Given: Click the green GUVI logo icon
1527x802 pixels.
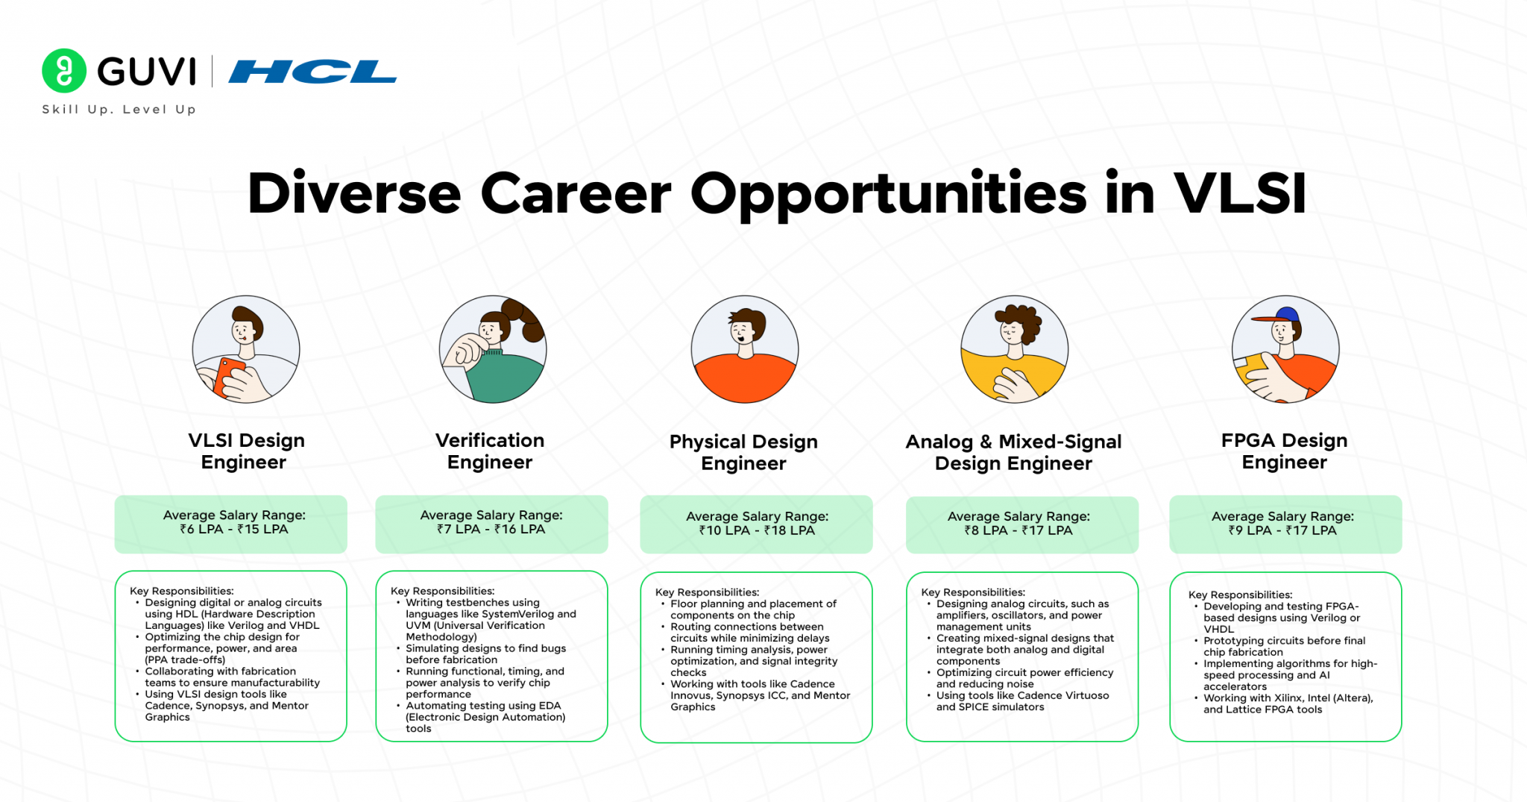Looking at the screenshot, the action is pyautogui.click(x=64, y=71).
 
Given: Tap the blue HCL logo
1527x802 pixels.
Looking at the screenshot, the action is pyautogui.click(x=312, y=72).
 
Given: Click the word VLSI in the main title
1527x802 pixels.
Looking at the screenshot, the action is pyautogui.click(x=1240, y=193).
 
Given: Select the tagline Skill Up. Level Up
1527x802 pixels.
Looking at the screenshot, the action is pyautogui.click(x=119, y=110).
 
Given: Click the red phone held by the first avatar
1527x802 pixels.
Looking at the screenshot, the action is pyautogui.click(x=227, y=375).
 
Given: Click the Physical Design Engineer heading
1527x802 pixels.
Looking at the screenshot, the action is pyautogui.click(x=743, y=452).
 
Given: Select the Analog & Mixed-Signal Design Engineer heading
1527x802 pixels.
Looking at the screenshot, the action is pyautogui.click(x=1013, y=452).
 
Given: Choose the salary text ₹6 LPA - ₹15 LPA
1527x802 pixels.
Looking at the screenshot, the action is pyautogui.click(x=233, y=529).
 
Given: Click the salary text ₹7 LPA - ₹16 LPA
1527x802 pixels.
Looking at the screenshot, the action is pyautogui.click(x=491, y=529).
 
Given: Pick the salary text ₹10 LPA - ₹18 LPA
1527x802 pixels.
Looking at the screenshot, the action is pyautogui.click(x=757, y=530).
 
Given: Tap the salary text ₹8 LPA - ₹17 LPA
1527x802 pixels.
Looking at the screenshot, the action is pyautogui.click(x=1018, y=530).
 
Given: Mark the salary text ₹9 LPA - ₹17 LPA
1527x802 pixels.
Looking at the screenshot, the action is pyautogui.click(x=1282, y=530).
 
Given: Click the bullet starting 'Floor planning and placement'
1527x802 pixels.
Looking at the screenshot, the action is pyautogui.click(x=753, y=610).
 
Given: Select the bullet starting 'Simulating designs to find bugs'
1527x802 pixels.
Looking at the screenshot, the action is pyautogui.click(x=485, y=654).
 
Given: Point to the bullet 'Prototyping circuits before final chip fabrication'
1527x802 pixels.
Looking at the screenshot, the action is pyautogui.click(x=1284, y=646).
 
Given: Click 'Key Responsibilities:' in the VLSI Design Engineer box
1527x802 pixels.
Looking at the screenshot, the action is pyautogui.click(x=182, y=591).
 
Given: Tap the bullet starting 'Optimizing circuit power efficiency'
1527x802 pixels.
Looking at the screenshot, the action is pyautogui.click(x=1024, y=678).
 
